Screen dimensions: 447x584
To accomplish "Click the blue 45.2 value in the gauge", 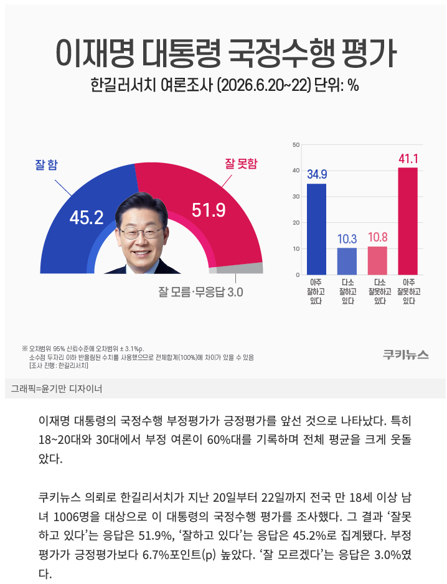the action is point(87,217).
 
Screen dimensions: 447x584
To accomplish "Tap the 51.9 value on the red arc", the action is point(209,210).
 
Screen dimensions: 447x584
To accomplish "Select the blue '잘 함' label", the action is point(47,164).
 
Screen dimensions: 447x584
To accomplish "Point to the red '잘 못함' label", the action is point(241,164).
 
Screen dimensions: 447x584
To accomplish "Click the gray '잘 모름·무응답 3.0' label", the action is point(201,292).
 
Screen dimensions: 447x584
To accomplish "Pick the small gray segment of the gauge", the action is point(238,268).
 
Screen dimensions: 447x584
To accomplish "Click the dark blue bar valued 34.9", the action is point(316,229).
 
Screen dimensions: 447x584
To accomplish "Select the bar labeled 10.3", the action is point(347,261).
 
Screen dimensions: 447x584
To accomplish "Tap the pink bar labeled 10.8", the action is point(377,261).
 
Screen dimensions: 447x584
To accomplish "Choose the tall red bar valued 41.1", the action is point(408,221).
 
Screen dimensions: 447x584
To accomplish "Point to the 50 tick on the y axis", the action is point(296,144).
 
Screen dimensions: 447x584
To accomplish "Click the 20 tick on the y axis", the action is point(296,223).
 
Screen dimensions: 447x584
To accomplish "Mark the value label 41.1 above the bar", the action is point(408,159).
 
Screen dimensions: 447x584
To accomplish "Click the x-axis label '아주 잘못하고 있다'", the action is point(408,291).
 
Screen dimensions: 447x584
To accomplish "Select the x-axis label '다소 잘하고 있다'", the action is point(347,291).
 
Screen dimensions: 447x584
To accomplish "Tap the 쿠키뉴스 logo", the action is point(406,355).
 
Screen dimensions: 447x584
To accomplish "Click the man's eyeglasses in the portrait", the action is point(141,233).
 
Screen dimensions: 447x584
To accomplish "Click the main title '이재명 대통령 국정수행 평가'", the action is point(226,54).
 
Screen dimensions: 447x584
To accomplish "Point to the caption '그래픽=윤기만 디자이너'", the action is point(57,389).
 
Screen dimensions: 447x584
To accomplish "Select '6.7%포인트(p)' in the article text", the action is point(179,555).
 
